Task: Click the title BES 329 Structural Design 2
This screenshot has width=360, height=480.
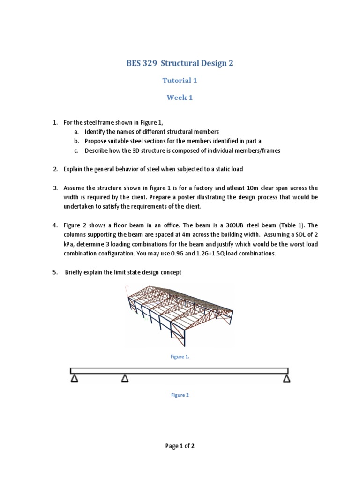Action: pyautogui.click(x=180, y=63)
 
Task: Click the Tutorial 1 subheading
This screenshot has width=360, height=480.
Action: pyautogui.click(x=180, y=81)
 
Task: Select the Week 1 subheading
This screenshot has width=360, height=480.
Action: pyautogui.click(x=180, y=98)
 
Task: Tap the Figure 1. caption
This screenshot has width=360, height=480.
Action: pyautogui.click(x=180, y=357)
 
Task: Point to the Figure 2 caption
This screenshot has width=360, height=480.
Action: pyautogui.click(x=180, y=395)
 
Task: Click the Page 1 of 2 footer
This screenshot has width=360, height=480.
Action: pyautogui.click(x=180, y=446)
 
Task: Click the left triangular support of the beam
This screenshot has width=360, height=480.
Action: pyautogui.click(x=74, y=378)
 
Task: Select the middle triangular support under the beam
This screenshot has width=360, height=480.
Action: pyautogui.click(x=125, y=378)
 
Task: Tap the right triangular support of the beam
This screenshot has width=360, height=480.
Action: pyautogui.click(x=286, y=378)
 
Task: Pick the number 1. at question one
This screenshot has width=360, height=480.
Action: pyautogui.click(x=55, y=122)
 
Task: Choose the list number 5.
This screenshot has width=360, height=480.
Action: pyautogui.click(x=55, y=272)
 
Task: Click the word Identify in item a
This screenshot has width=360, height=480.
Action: pyautogui.click(x=95, y=132)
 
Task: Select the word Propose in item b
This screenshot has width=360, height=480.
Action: pyautogui.click(x=96, y=141)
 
